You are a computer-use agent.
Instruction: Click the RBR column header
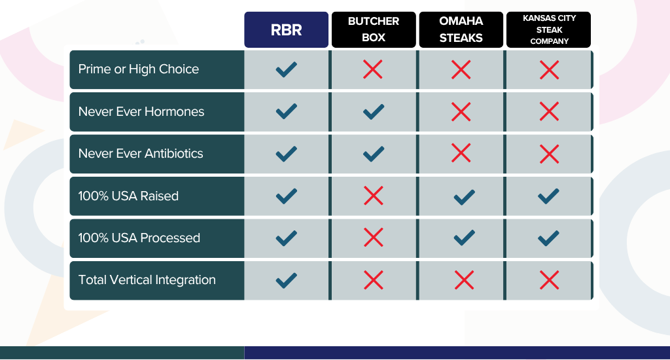(x=287, y=29)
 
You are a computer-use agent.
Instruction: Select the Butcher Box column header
(x=374, y=29)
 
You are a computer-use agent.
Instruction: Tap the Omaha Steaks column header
(x=461, y=29)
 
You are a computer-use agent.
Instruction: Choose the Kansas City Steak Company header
(x=549, y=29)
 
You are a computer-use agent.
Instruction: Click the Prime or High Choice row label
(x=139, y=69)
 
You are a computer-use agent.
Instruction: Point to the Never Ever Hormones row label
(x=141, y=111)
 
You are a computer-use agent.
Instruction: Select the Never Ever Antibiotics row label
(x=141, y=154)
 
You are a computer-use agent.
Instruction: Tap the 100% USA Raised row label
(x=128, y=196)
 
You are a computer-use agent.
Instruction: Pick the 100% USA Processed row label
(x=139, y=238)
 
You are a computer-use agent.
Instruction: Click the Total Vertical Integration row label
(x=147, y=280)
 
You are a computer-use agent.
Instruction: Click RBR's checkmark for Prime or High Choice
(x=287, y=69)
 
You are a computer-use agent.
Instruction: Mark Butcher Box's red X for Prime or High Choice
(x=372, y=69)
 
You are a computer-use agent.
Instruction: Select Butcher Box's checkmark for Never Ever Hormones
(x=374, y=111)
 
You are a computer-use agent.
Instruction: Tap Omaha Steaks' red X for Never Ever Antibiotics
(x=461, y=153)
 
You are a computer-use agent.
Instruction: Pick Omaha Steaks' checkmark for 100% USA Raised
(x=464, y=197)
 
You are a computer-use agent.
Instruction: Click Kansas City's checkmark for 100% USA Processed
(x=548, y=238)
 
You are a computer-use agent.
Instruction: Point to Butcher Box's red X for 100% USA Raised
(x=374, y=196)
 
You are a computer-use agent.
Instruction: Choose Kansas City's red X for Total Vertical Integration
(x=549, y=280)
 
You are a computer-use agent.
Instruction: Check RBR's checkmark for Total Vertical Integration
(x=287, y=281)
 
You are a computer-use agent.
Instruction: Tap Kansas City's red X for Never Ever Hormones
(x=549, y=111)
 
